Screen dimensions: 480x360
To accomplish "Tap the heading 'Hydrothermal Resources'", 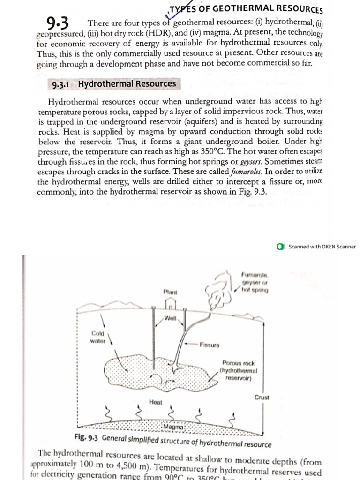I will [x=127, y=84].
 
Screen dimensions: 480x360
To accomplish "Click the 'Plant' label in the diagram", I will [x=170, y=292].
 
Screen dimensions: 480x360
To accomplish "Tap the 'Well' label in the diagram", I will [x=170, y=319].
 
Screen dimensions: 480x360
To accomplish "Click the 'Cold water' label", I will [x=98, y=337].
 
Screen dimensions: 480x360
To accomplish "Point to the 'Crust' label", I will [x=262, y=397].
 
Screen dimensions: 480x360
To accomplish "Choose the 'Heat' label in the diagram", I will [x=155, y=402].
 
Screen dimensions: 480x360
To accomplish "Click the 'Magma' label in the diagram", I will [x=174, y=427].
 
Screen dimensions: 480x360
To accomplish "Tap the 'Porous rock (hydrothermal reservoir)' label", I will [x=239, y=370].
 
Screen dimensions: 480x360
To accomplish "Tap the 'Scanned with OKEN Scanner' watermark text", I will [x=322, y=247].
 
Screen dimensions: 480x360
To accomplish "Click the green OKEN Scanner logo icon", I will [x=281, y=247].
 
